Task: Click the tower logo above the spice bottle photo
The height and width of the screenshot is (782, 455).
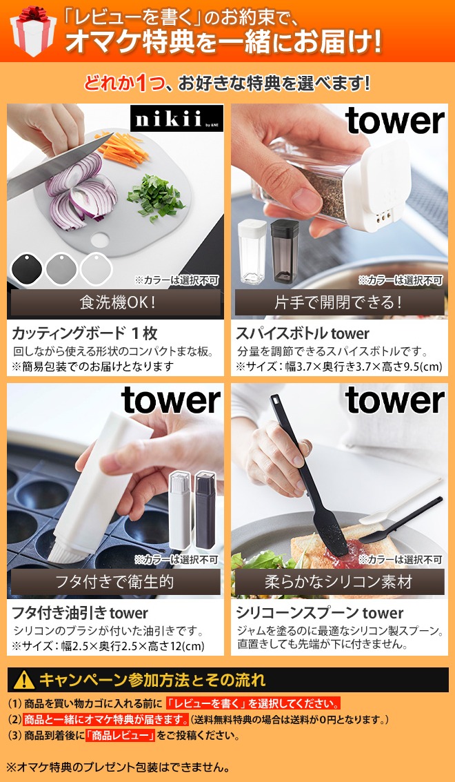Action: tap(395, 121)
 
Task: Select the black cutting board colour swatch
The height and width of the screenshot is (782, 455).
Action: tap(27, 268)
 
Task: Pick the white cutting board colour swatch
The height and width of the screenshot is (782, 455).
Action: tap(94, 268)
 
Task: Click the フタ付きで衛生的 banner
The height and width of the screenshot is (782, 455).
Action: tap(115, 581)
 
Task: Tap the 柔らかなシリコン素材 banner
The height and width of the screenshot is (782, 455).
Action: tap(339, 581)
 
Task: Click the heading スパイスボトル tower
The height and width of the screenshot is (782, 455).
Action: tap(303, 334)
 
